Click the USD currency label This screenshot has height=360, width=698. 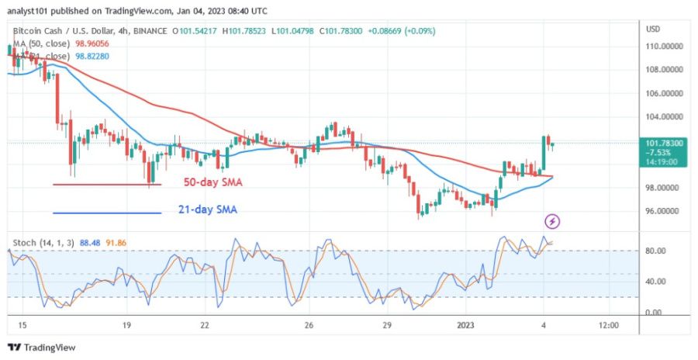point(652,29)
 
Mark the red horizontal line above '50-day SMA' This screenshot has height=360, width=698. point(107,184)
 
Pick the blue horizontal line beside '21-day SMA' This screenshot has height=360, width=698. point(107,213)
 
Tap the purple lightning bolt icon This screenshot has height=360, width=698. point(552,222)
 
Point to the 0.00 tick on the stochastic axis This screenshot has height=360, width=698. point(655,313)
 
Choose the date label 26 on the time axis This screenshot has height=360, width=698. point(309,325)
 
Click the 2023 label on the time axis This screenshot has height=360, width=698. point(465,325)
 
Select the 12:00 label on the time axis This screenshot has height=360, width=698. point(610,325)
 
